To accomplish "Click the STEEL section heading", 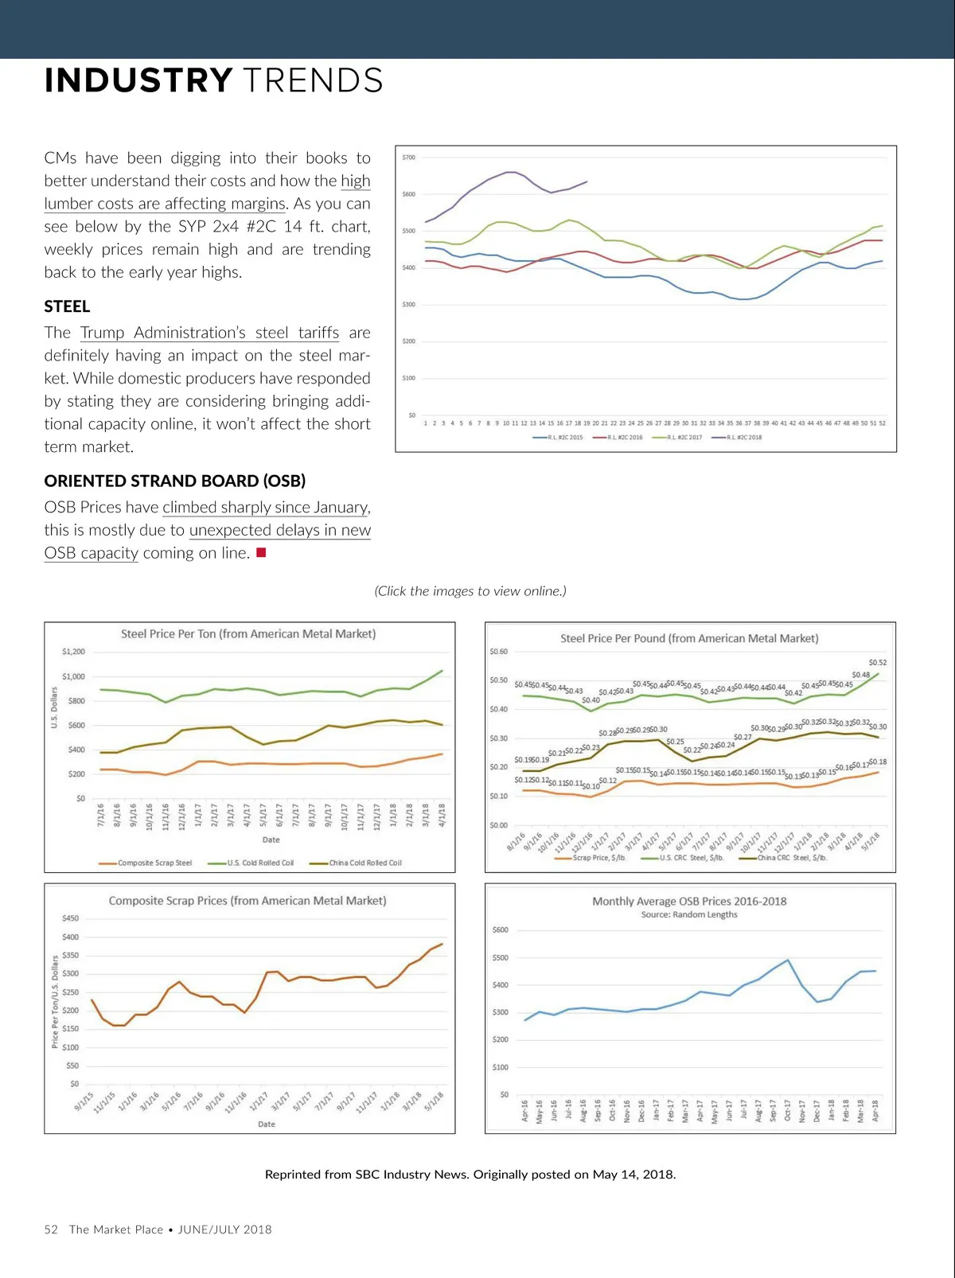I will [67, 306].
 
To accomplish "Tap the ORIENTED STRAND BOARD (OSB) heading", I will [174, 481].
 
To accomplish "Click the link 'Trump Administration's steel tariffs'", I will [209, 333].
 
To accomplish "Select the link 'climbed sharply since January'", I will [265, 508].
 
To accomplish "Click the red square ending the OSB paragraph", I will [261, 552].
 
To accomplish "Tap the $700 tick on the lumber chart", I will [408, 158].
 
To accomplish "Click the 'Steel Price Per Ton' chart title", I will [248, 634].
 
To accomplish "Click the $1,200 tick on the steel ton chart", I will [73, 652].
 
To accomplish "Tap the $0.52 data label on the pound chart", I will [877, 662].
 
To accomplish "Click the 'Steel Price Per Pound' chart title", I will [689, 638].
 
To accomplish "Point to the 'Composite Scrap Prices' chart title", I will [248, 901].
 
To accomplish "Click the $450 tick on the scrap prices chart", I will [70, 918].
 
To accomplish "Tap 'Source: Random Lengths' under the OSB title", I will [689, 915].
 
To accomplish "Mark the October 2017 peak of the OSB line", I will [788, 960].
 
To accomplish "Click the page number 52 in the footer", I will [51, 1229].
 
